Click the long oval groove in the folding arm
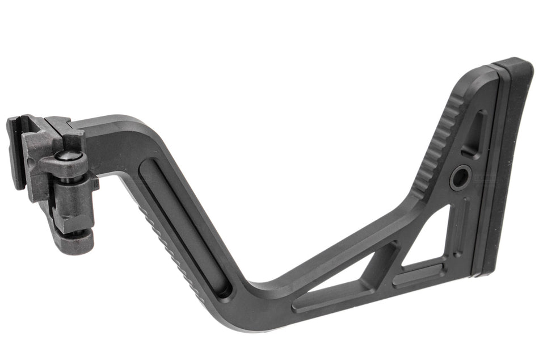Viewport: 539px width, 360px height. click(179, 227)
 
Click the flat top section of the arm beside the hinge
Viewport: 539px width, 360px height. click(113, 128)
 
